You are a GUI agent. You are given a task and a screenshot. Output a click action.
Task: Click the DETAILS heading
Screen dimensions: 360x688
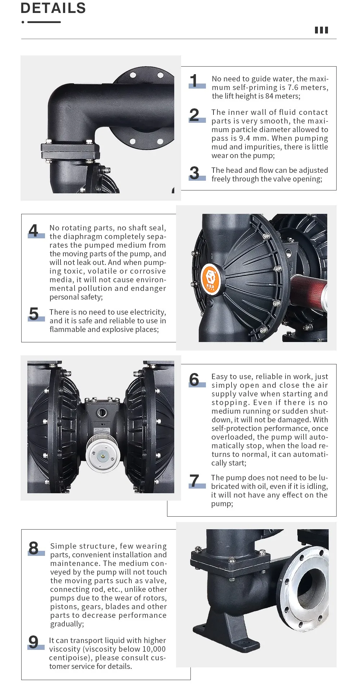click(53, 8)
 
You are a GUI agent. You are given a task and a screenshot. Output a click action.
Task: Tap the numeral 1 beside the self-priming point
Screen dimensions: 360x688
click(194, 81)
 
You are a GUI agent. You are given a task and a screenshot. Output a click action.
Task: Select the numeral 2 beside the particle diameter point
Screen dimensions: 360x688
click(194, 115)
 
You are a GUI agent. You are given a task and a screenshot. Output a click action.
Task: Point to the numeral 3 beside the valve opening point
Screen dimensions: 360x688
click(194, 173)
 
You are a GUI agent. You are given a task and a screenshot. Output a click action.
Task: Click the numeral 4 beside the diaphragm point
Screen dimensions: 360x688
click(33, 230)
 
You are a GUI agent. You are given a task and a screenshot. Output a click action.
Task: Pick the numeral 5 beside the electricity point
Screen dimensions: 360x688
click(34, 314)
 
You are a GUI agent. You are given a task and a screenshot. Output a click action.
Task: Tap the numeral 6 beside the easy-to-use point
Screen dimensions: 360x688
click(194, 379)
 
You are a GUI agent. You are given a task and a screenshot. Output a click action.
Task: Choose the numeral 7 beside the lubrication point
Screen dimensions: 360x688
click(194, 481)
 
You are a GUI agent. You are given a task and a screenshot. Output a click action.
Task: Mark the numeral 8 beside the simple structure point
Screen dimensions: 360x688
click(33, 548)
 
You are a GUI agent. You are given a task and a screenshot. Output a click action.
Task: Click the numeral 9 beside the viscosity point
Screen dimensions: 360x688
click(33, 642)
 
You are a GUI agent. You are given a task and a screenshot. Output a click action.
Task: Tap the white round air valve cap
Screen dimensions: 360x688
click(103, 455)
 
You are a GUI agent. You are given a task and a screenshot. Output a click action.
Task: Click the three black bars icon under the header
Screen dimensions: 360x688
click(321, 30)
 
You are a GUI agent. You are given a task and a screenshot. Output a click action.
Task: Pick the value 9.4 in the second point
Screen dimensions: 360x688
click(244, 138)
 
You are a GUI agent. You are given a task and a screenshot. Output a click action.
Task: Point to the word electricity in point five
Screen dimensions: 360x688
click(148, 312)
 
